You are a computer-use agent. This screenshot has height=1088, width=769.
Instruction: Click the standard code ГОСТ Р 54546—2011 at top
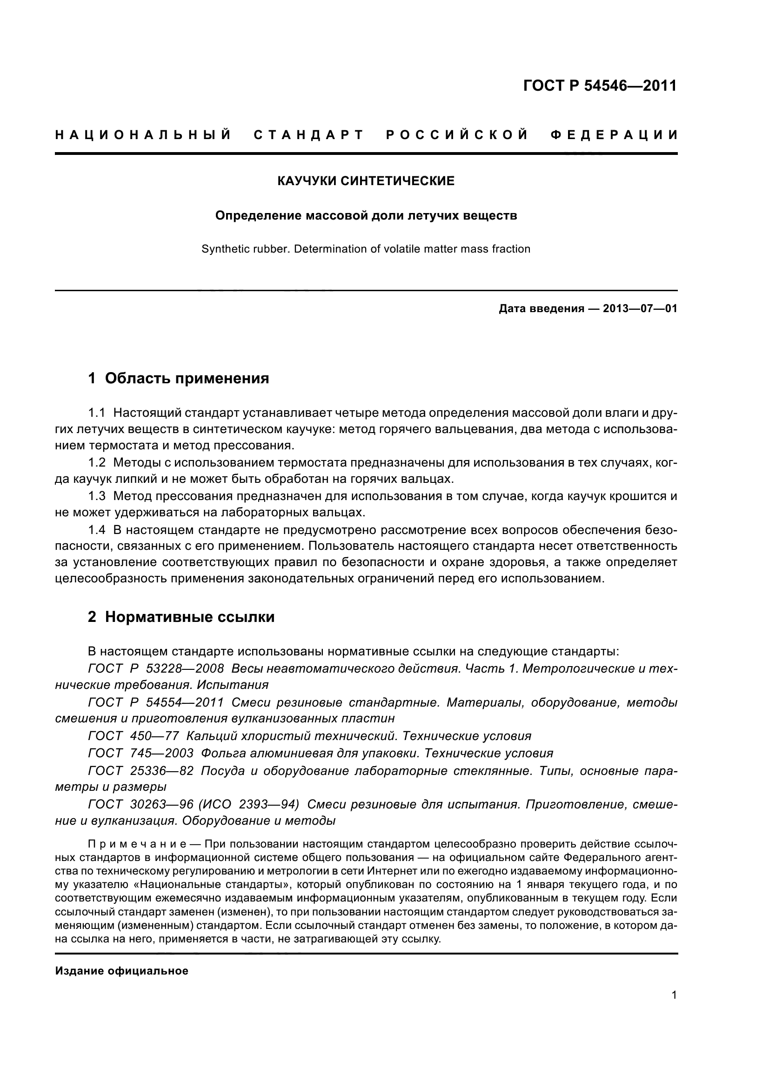pyautogui.click(x=600, y=86)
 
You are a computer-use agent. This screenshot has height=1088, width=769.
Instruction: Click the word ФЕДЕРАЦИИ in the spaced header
pyautogui.click(x=614, y=135)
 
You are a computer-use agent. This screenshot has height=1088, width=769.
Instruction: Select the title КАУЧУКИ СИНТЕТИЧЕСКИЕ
pyautogui.click(x=366, y=181)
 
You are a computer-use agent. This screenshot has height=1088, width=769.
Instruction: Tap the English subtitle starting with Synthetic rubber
pyautogui.click(x=366, y=249)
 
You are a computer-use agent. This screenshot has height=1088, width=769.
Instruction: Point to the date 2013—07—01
pyautogui.click(x=640, y=309)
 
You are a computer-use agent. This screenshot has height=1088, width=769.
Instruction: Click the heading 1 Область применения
pyautogui.click(x=179, y=378)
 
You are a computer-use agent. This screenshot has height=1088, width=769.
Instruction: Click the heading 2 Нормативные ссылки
pyautogui.click(x=181, y=617)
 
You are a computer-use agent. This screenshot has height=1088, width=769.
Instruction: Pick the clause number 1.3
pyautogui.click(x=97, y=496)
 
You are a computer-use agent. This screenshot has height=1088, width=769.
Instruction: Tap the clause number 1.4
pyautogui.click(x=97, y=529)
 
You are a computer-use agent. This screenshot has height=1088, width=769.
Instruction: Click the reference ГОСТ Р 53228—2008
pyautogui.click(x=156, y=668)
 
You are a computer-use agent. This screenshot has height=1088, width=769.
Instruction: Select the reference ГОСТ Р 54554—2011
pyautogui.click(x=156, y=702)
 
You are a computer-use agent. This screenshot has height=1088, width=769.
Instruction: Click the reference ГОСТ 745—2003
pyautogui.click(x=140, y=753)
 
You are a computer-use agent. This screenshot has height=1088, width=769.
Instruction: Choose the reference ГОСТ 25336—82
pyautogui.click(x=140, y=770)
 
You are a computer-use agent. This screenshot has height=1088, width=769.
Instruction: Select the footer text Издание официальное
pyautogui.click(x=122, y=971)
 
